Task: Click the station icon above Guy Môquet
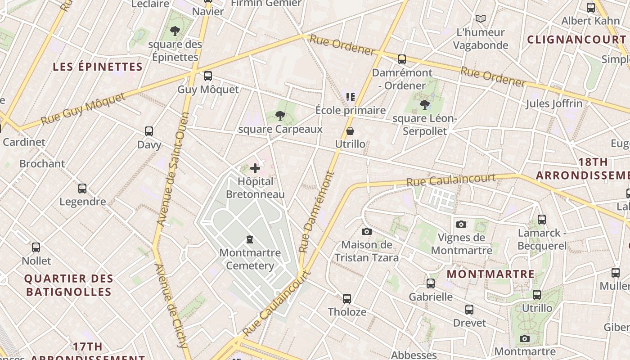click(x=207, y=76)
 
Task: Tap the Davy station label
click(x=149, y=145)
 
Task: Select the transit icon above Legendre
click(x=82, y=189)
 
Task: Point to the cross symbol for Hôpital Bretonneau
click(x=255, y=168)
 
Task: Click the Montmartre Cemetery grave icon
click(x=250, y=239)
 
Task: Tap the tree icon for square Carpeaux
click(x=280, y=116)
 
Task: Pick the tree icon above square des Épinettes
click(x=175, y=31)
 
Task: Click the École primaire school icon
click(x=350, y=97)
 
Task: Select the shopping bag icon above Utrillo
click(x=350, y=131)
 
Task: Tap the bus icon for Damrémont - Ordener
click(x=401, y=59)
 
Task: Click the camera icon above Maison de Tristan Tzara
click(x=367, y=231)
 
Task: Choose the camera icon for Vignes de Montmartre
click(x=461, y=224)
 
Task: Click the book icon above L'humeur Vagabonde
click(x=481, y=19)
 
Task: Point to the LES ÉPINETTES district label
click(x=98, y=67)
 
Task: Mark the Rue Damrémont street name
click(x=317, y=211)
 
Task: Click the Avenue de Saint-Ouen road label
click(x=172, y=169)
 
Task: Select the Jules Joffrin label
click(x=554, y=103)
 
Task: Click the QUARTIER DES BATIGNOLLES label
click(x=68, y=285)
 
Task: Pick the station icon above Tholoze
click(x=346, y=299)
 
